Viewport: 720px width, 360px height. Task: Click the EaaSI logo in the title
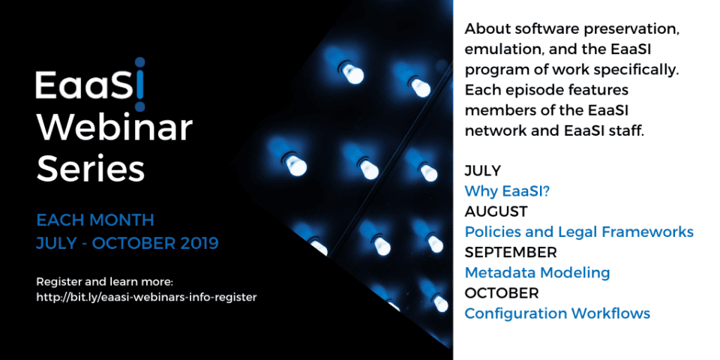(91, 85)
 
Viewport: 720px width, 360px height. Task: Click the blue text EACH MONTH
(95, 220)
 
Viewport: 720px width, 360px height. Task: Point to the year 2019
(196, 243)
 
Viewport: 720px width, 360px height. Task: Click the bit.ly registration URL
(146, 297)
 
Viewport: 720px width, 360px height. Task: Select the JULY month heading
(482, 171)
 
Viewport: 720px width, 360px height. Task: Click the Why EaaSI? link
(507, 191)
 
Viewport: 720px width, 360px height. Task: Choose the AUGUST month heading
(496, 211)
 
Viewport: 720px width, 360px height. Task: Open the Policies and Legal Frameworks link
(579, 232)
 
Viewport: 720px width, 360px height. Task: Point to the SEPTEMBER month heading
(511, 252)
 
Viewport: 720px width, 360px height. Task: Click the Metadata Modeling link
(537, 273)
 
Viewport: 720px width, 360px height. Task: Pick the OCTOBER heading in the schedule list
(502, 292)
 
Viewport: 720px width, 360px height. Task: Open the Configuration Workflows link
(557, 313)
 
